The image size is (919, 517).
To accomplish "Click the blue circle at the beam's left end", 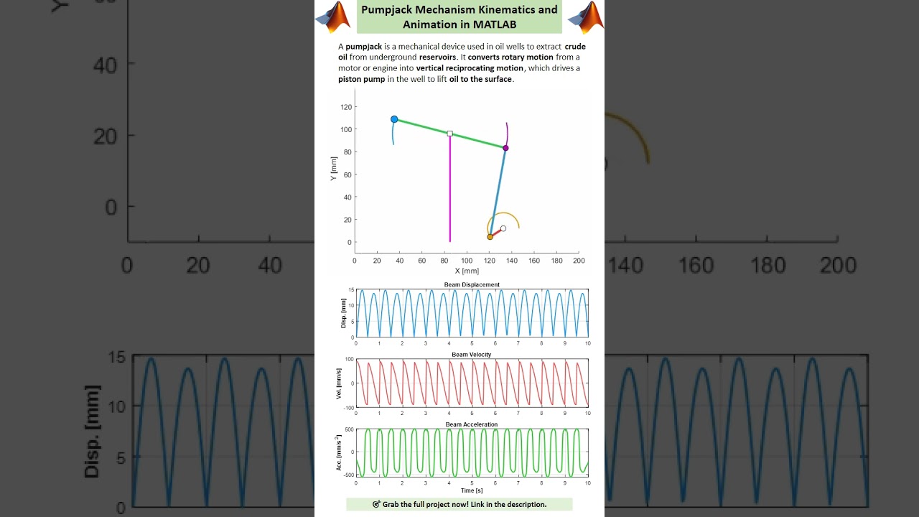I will tap(394, 119).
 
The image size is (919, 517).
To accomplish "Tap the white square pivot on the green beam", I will tap(450, 134).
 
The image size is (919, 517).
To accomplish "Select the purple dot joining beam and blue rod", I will tap(505, 148).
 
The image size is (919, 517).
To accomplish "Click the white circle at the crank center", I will tap(503, 228).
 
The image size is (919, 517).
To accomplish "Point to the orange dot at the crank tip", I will tap(490, 237).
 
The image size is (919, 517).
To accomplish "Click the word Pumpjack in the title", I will tap(388, 10).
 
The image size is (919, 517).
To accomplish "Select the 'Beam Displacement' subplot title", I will tap(472, 285).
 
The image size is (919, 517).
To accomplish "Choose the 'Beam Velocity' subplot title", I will tap(472, 355).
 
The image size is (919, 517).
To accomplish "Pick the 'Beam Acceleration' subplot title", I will tap(472, 424).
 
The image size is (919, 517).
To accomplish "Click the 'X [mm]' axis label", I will tap(467, 271).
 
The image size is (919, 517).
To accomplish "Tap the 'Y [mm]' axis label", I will tap(334, 170).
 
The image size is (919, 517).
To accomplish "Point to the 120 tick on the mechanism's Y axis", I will tap(346, 107).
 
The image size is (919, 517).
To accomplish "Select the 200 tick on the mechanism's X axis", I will tap(579, 261).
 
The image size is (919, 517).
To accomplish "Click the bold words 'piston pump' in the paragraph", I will tap(362, 79).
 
